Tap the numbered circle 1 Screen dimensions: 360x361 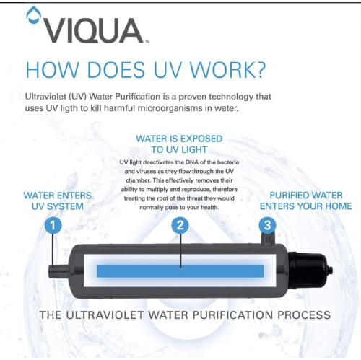coord(53,225)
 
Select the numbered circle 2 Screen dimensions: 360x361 coord(181,225)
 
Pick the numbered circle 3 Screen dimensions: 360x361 coord(268,225)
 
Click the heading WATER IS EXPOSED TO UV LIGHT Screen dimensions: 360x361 coord(179,144)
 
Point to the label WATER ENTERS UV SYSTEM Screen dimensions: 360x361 coord(53,201)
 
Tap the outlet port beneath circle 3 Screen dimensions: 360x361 coord(269,242)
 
